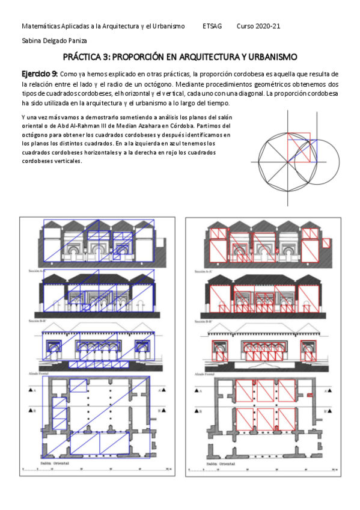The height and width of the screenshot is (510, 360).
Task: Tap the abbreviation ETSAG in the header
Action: point(212,27)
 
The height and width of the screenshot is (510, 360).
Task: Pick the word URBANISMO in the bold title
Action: point(270,58)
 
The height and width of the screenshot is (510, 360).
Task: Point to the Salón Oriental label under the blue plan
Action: point(55,464)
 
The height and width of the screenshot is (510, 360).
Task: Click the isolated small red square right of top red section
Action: point(325,243)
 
